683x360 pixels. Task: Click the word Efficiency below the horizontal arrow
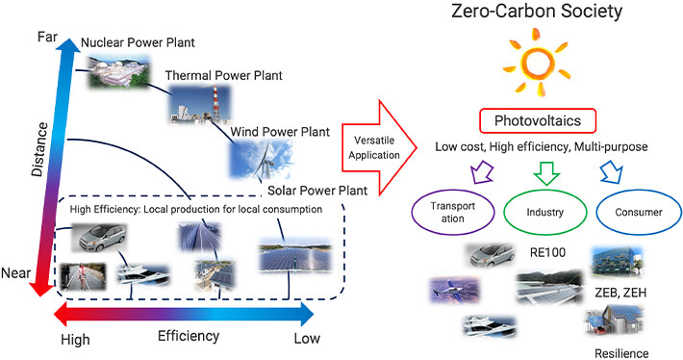tap(189, 336)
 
